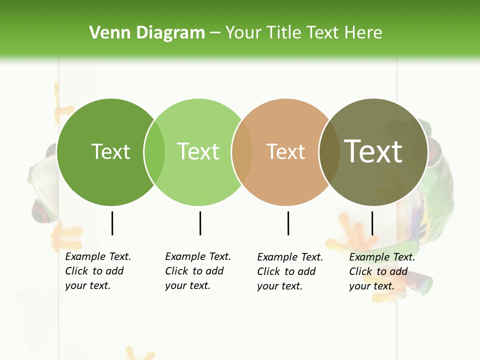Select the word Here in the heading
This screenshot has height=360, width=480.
click(365, 33)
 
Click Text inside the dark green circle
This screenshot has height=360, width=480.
click(110, 151)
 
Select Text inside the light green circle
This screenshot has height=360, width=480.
click(198, 151)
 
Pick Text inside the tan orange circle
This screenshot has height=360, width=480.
click(285, 151)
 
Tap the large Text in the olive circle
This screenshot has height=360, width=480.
click(373, 151)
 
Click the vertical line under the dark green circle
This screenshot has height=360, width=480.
click(112, 223)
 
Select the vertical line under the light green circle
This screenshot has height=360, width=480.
click(200, 223)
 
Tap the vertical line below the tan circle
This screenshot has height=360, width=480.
click(288, 223)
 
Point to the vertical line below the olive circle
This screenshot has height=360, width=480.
click(372, 223)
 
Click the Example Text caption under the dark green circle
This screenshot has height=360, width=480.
click(97, 271)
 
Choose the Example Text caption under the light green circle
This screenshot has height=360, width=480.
click(197, 271)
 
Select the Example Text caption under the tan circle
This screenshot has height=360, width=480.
click(289, 271)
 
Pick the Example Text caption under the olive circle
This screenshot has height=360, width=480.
click(381, 271)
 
